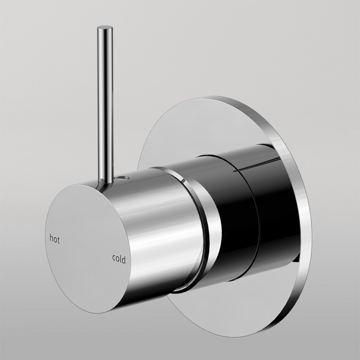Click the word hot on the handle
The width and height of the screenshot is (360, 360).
coord(55,238)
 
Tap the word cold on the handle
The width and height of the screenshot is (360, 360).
coord(119,259)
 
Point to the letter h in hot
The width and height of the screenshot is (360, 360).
coord(50,238)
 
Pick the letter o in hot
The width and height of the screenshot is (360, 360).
coord(55,239)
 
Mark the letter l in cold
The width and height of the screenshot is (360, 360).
coord(121,259)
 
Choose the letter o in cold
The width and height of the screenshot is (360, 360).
coord(117,260)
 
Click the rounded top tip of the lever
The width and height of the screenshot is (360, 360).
coord(105,28)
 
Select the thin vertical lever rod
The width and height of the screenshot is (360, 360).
coord(105,102)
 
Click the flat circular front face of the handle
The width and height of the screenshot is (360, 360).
coord(87,246)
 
